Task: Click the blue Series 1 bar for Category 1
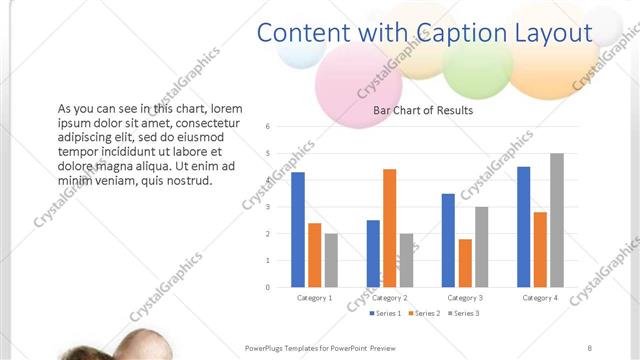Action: (x=298, y=229)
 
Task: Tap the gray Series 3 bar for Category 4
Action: (x=557, y=220)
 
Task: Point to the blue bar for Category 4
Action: (x=524, y=226)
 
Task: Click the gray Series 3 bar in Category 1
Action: (x=331, y=260)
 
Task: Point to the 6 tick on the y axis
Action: (x=268, y=127)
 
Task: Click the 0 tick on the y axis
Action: (x=268, y=287)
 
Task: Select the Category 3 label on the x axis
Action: (x=465, y=297)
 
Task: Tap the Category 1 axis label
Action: (x=314, y=297)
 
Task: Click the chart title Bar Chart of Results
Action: (x=423, y=110)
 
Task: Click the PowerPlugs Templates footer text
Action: (x=321, y=347)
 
